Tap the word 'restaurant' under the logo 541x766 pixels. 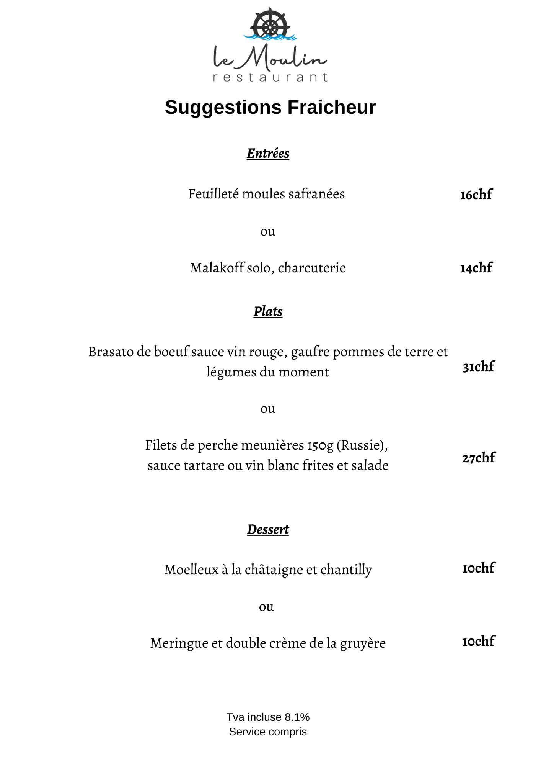270,77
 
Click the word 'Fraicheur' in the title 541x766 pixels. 331,107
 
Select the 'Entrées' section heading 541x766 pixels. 268,154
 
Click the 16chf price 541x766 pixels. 476,195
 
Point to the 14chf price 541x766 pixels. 476,268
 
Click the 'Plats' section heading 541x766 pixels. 268,311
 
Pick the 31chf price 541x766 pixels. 478,367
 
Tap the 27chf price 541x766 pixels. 478,458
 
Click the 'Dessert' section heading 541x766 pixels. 268,529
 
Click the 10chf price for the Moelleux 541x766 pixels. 478,568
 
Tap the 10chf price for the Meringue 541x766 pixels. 478,641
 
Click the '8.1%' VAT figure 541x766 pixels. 297,717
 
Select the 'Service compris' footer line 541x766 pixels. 268,732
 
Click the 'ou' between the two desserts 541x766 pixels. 266,607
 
